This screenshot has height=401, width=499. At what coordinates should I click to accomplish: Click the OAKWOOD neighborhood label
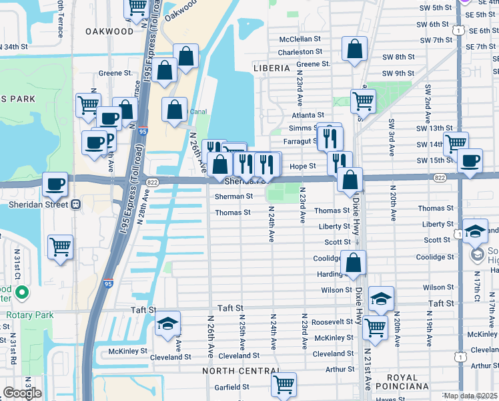pyautogui.click(x=109, y=31)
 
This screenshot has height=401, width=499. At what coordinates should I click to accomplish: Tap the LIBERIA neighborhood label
pyautogui.click(x=272, y=68)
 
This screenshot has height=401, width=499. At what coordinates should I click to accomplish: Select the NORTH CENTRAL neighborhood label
pyautogui.click(x=241, y=371)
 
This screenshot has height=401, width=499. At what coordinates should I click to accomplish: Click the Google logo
pyautogui.click(x=22, y=393)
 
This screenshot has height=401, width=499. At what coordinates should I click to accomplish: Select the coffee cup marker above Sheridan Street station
pyautogui.click(x=55, y=183)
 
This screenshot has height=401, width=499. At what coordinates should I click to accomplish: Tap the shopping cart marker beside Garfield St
pyautogui.click(x=284, y=384)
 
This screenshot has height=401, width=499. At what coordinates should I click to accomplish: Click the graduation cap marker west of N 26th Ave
pyautogui.click(x=168, y=324)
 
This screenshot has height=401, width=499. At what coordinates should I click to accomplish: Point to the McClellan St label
pyautogui.click(x=300, y=39)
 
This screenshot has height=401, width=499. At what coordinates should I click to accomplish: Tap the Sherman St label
pyautogui.click(x=233, y=196)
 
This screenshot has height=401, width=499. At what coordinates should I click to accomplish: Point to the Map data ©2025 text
pyautogui.click(x=470, y=396)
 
